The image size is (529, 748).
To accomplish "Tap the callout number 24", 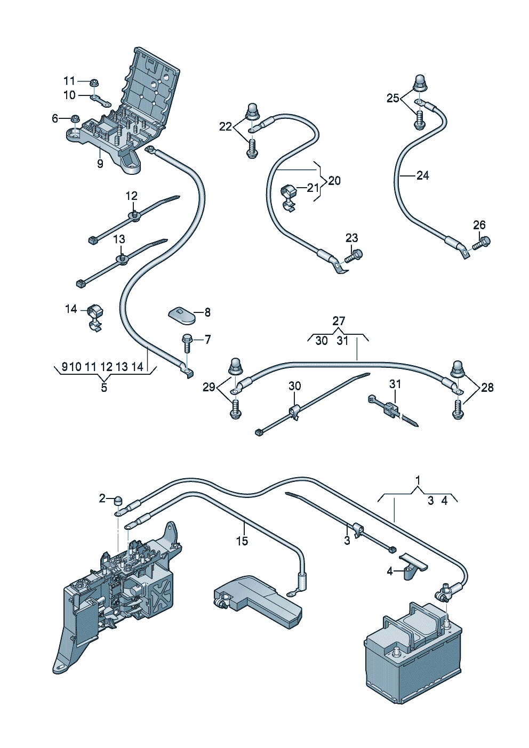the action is [x=423, y=175].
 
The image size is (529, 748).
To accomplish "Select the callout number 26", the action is [x=479, y=225].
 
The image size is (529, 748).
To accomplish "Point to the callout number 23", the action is [x=351, y=238].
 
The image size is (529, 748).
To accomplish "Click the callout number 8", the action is [x=207, y=312].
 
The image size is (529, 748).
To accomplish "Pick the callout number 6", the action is [x=55, y=118].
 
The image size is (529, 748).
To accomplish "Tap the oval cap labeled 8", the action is [x=181, y=315].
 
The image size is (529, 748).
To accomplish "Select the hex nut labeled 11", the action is [x=93, y=82].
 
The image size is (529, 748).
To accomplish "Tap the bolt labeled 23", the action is [x=354, y=256].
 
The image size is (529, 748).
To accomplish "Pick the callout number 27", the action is [x=338, y=321].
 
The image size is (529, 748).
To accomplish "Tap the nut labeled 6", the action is [x=75, y=118].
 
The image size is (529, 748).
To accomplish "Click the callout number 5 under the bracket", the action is [x=104, y=388].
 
